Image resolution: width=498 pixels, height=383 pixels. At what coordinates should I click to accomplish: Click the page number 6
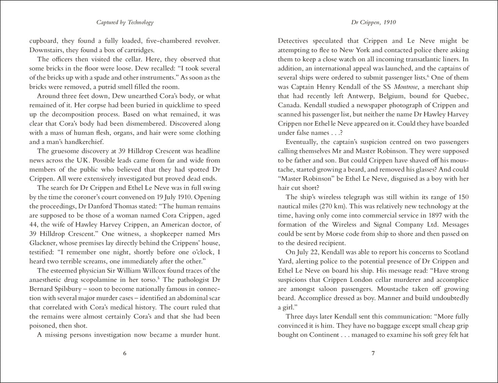click(124, 353)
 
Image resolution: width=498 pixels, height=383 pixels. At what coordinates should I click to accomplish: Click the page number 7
click(373, 353)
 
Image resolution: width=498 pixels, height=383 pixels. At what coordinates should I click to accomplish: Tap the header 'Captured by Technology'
click(125, 22)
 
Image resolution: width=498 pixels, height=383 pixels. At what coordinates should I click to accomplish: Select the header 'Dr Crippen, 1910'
click(373, 22)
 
